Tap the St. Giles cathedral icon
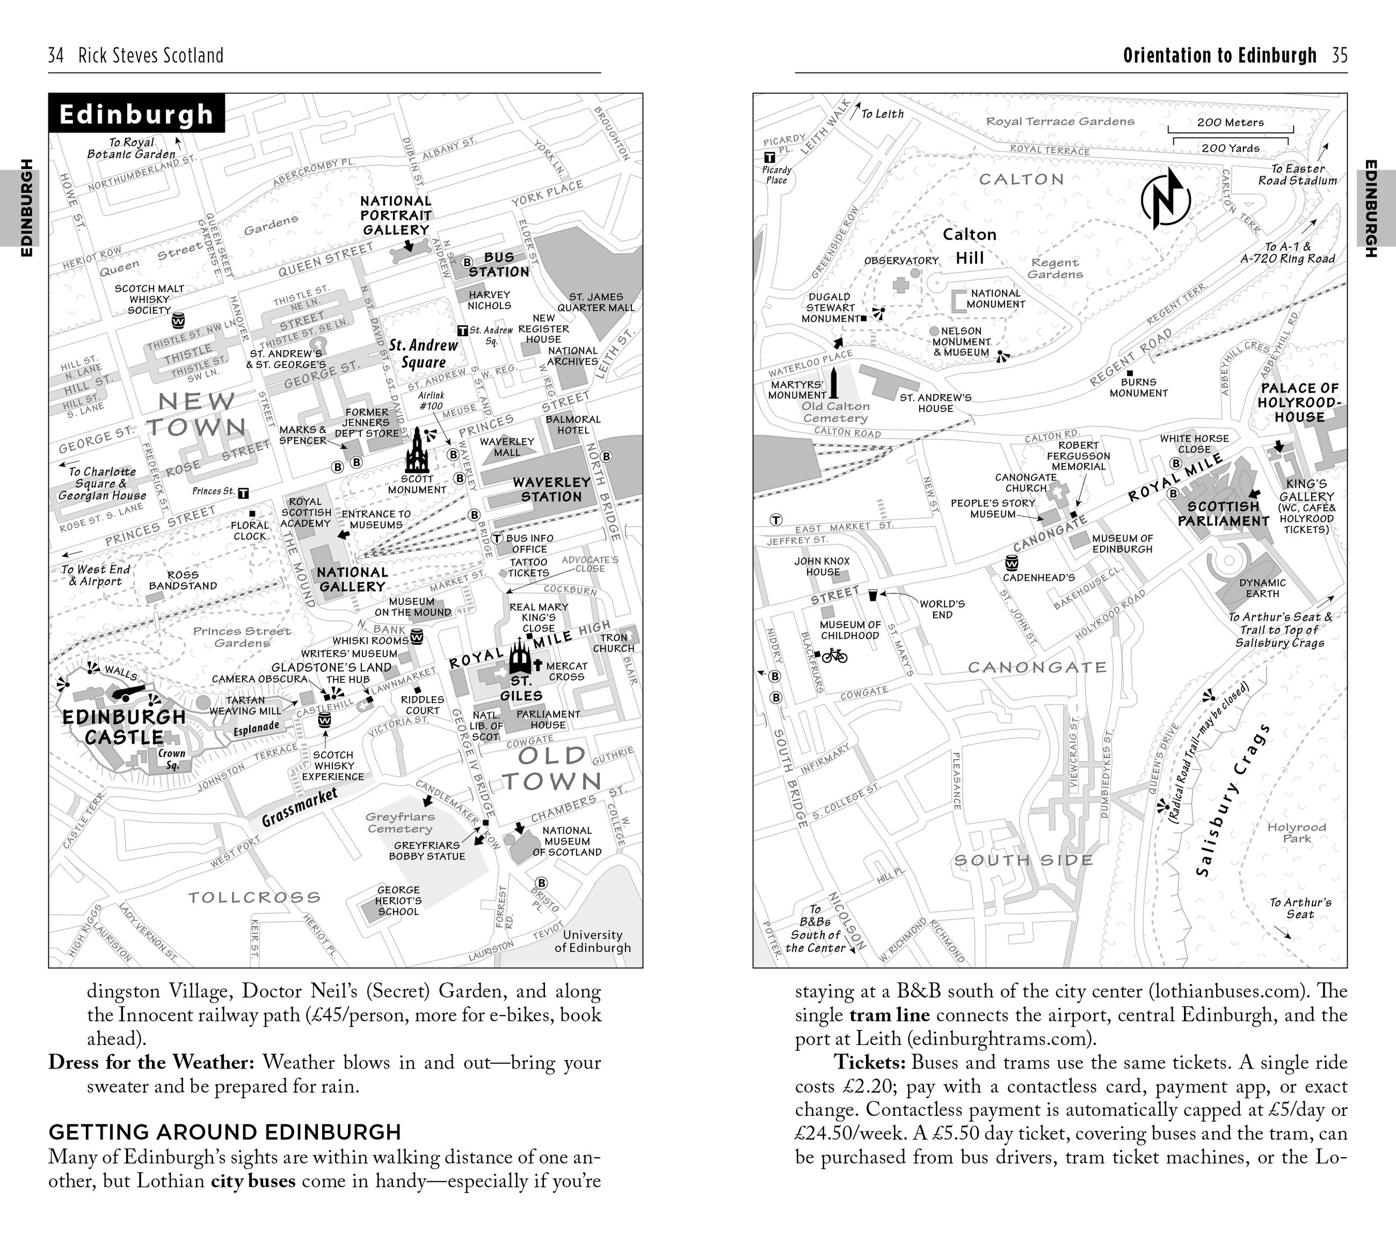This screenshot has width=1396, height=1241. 520,656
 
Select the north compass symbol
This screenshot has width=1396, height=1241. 1165,199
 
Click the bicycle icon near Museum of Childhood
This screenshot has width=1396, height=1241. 834,656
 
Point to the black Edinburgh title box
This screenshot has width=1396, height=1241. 136,113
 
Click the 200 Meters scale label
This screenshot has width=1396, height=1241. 1230,122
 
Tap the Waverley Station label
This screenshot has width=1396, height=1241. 551,489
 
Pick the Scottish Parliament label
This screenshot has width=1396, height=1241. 1223,513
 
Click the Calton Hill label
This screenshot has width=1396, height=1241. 969,246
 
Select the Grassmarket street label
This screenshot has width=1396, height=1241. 300,806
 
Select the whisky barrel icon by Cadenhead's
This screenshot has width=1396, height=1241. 1012,563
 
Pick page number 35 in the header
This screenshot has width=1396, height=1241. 1339,55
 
